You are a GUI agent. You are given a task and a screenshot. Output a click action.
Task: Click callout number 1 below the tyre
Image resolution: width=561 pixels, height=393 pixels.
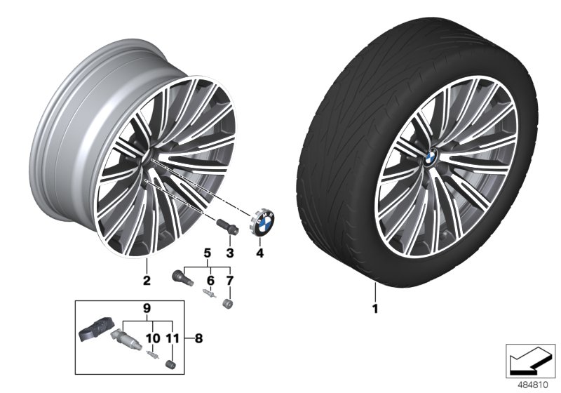tap(375, 307)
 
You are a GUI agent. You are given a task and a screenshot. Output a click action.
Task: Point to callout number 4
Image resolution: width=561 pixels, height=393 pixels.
tap(259, 252)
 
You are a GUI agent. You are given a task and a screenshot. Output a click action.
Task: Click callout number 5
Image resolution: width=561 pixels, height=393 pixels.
tap(207, 252)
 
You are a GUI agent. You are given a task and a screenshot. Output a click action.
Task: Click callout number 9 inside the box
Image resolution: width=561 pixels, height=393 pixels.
tap(147, 308)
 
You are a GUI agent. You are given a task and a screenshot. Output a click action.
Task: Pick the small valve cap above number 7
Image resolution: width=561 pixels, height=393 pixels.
tap(227, 304)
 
